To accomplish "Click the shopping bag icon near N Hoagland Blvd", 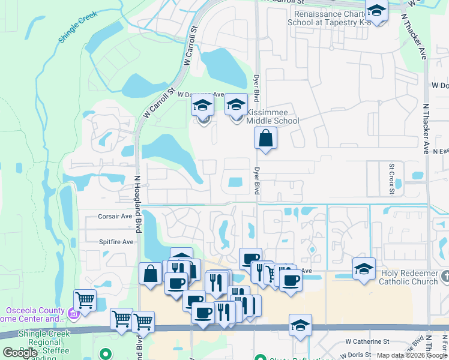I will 150,274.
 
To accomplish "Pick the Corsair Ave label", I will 115,216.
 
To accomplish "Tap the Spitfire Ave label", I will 116,242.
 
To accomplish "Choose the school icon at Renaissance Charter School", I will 376,10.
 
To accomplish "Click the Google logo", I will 20,353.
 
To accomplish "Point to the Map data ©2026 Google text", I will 412,355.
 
